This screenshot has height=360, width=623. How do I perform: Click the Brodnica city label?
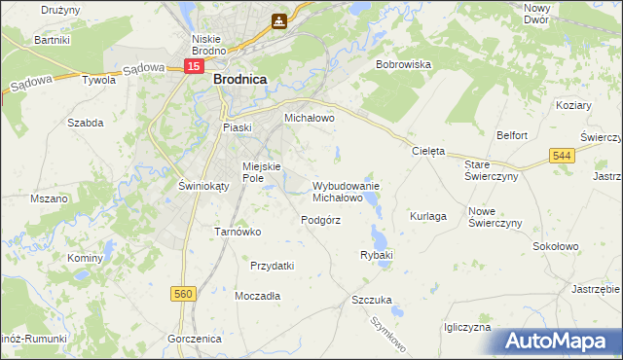tap(240, 83)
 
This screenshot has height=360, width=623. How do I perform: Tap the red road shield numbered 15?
tap(194, 66)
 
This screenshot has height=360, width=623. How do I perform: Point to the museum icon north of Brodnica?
tap(280, 19)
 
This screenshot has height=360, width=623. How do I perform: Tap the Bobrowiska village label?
tap(403, 64)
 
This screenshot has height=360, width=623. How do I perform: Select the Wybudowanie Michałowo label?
tap(346, 191)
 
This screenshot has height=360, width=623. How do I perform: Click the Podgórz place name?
tap(320, 220)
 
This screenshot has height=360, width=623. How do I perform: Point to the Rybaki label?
tap(376, 255)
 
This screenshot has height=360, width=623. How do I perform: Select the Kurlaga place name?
tap(428, 215)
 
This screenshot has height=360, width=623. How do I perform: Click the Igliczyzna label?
tap(466, 328)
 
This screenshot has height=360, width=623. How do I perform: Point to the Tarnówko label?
tap(238, 232)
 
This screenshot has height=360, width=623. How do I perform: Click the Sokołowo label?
tap(555, 247)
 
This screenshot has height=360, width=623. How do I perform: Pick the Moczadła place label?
tap(258, 295)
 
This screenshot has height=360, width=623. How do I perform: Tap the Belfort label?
tap(512, 135)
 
